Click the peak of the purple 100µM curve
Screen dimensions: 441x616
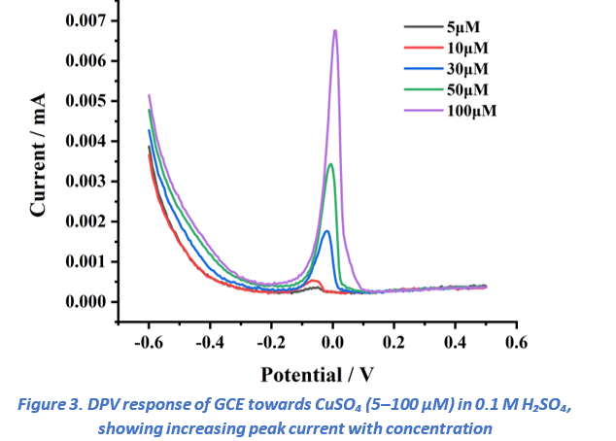point(334,30)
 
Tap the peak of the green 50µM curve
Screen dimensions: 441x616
point(331,164)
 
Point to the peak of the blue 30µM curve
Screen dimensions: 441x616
point(327,231)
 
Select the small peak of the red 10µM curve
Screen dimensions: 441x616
point(315,281)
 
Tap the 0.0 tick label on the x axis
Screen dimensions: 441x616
point(332,343)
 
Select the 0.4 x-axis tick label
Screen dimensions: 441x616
point(455,343)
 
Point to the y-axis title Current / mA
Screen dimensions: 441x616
point(40,155)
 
